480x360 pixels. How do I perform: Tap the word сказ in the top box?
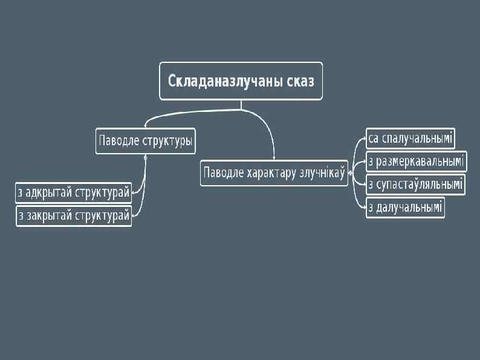point(298,80)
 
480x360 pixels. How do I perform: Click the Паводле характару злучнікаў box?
point(274,173)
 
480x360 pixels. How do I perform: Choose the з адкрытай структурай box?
point(74,193)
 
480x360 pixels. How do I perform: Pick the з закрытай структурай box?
point(74,216)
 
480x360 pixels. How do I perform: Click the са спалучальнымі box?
point(410,139)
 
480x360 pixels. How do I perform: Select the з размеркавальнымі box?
point(416,162)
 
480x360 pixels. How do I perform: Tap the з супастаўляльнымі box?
point(415,184)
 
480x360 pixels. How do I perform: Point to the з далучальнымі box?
point(405,208)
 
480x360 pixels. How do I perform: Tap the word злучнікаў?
point(321,173)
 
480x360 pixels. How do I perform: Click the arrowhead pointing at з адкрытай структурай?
point(134,192)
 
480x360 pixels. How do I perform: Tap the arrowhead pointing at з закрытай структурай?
point(134,215)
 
